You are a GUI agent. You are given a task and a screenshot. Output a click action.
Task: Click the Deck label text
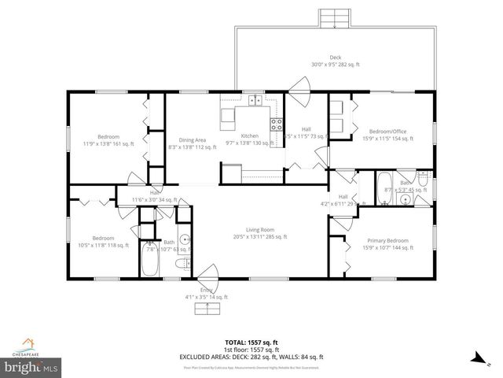[x=336, y=57]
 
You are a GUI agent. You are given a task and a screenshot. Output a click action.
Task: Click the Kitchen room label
[x=249, y=135]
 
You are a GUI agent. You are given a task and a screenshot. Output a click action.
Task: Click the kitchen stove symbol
[x=276, y=123]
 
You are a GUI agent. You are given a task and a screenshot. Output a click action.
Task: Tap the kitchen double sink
[x=255, y=100]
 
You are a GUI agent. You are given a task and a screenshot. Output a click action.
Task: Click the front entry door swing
[x=209, y=276]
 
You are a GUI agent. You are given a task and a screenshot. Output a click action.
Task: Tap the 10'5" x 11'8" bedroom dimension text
[x=104, y=245]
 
